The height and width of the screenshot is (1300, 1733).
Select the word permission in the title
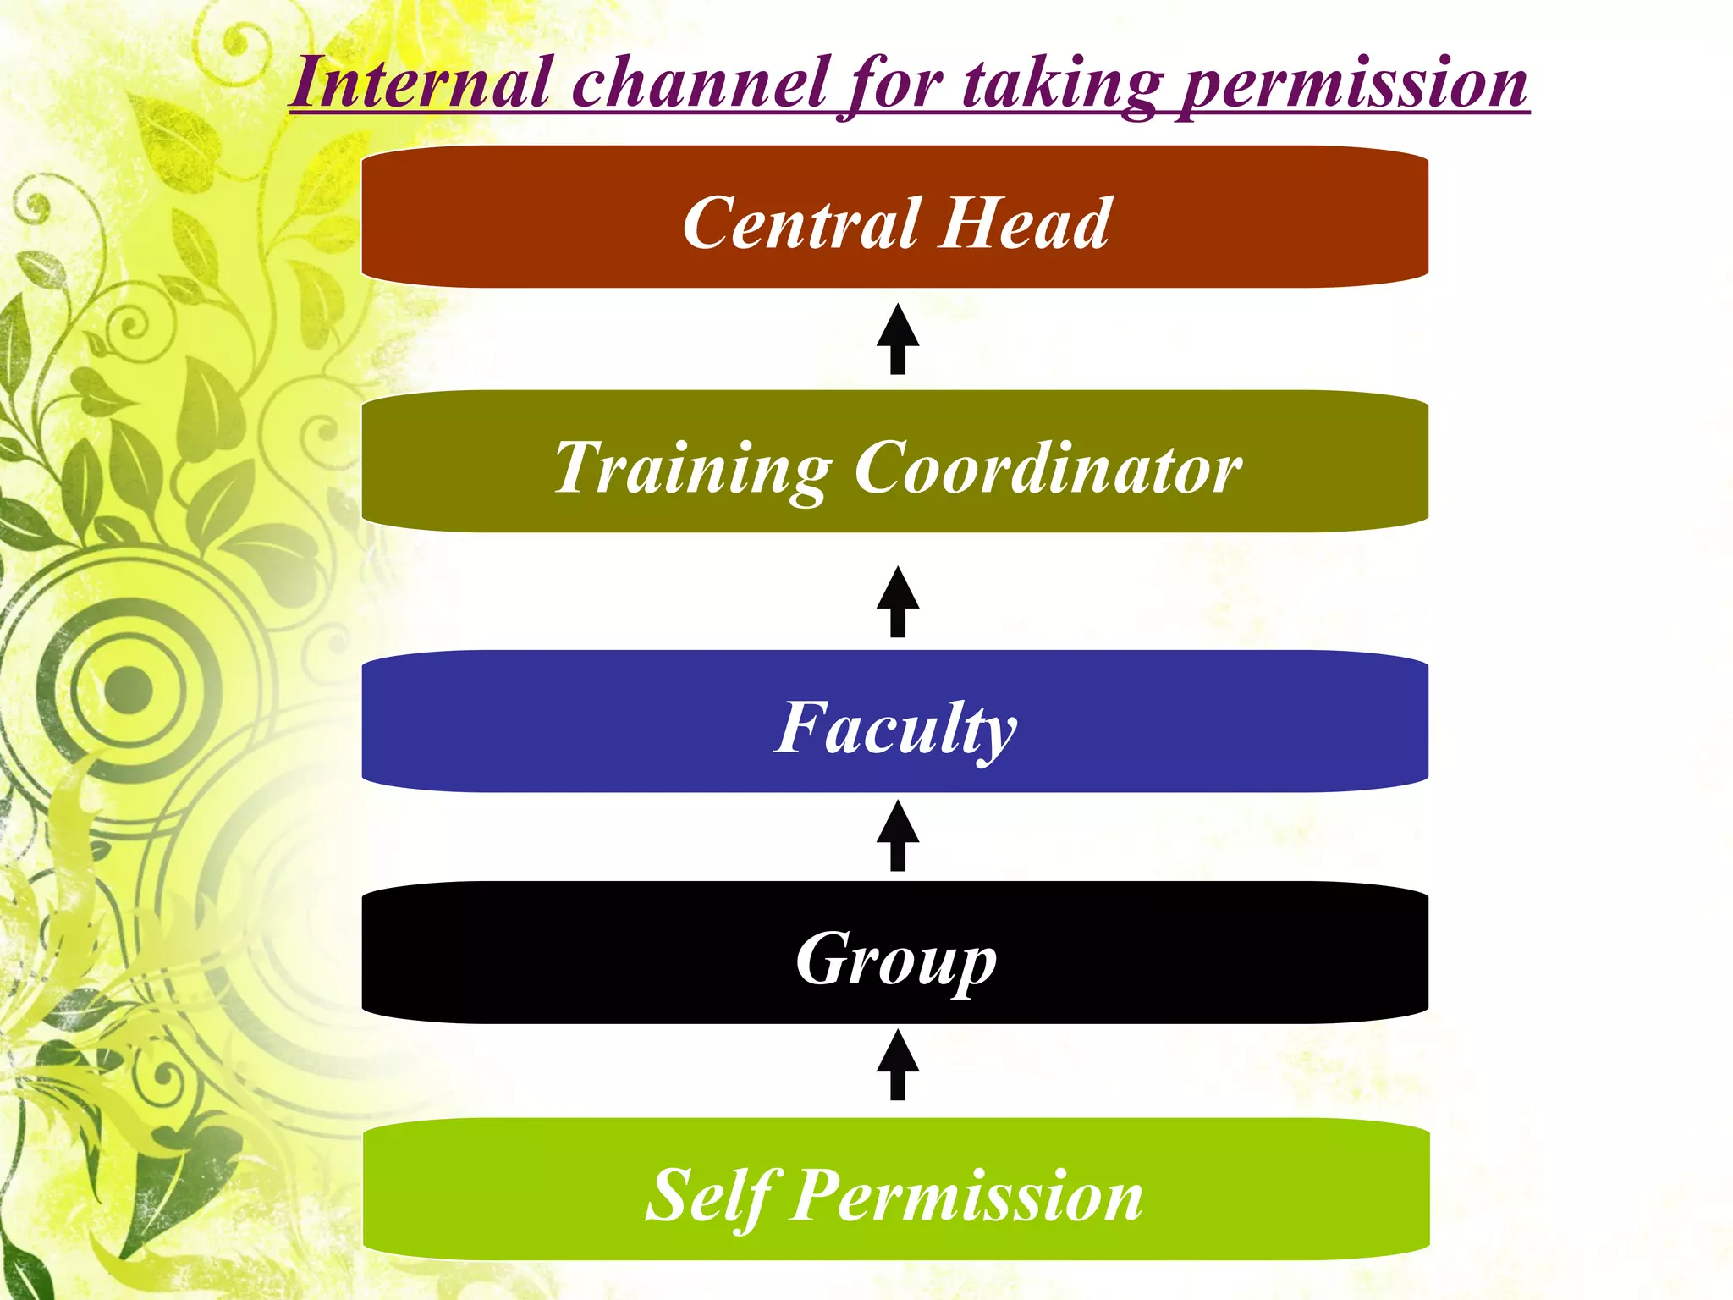tap(1354, 85)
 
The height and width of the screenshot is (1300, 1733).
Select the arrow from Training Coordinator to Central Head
tap(898, 339)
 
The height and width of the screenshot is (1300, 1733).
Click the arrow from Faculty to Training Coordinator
tap(898, 602)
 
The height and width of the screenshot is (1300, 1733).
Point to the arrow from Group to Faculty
tap(898, 836)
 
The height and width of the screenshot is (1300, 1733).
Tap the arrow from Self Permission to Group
tap(898, 1066)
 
